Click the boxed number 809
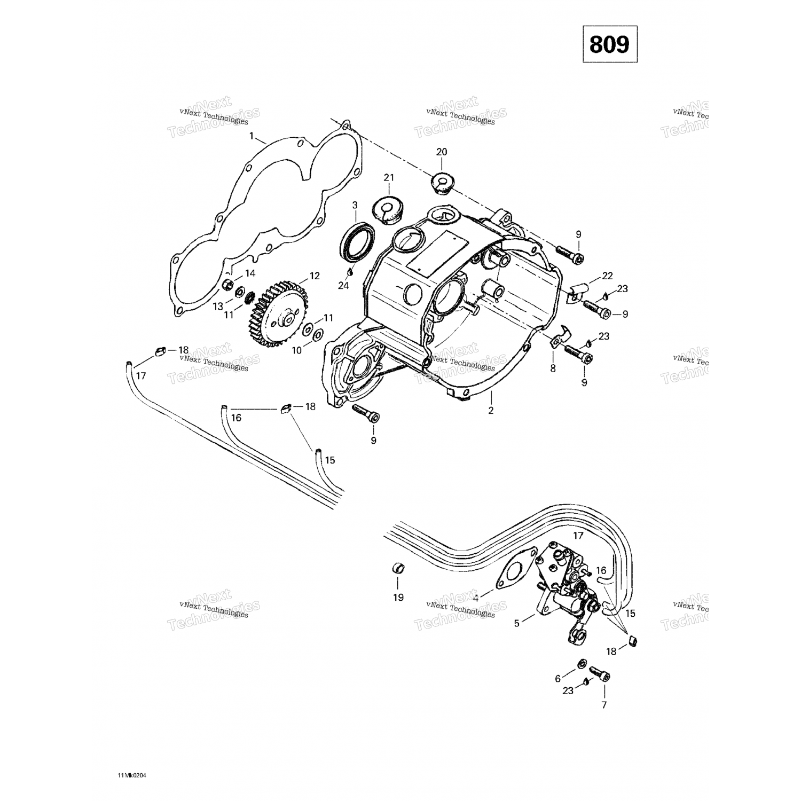click(609, 44)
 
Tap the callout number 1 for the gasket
click(251, 136)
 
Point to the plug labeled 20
click(442, 183)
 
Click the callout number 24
click(343, 286)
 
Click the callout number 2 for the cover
click(491, 410)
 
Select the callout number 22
click(607, 276)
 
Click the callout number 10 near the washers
click(296, 350)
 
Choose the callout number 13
click(218, 306)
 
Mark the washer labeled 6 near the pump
click(579, 664)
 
